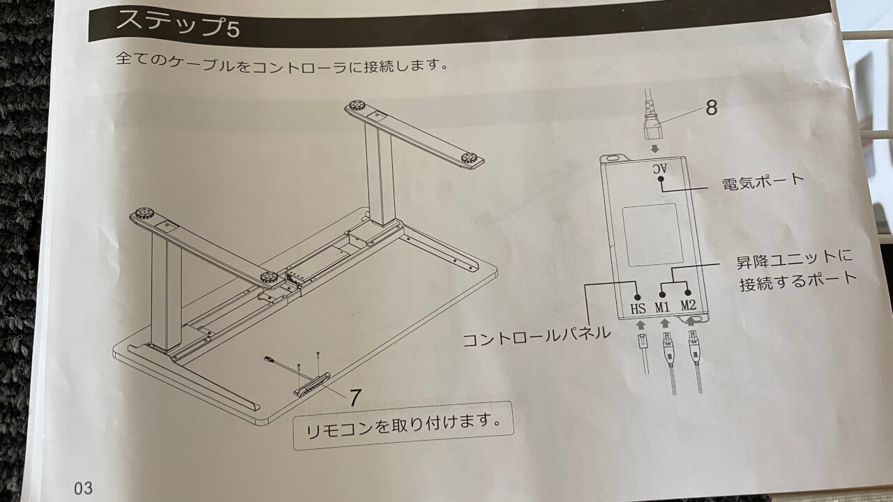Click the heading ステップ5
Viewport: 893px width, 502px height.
coord(178,24)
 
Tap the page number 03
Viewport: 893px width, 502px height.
coord(83,487)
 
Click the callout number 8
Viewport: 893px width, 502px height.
coord(711,107)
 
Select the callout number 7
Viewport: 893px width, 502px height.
coord(355,397)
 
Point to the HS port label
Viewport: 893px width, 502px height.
coord(638,308)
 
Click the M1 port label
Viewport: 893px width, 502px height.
coord(662,307)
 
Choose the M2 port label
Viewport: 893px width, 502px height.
coord(688,305)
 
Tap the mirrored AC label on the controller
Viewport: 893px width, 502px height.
coord(660,169)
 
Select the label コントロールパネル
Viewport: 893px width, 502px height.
coord(536,337)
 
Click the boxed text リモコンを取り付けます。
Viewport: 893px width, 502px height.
coord(403,426)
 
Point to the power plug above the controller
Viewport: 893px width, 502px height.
coord(652,119)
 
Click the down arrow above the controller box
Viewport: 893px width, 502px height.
coord(654,149)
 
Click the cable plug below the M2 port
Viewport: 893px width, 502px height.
coord(694,347)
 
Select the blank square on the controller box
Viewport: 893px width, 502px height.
coord(652,235)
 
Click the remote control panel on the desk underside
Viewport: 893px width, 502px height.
coord(312,384)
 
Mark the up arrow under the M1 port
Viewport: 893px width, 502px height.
coord(664,323)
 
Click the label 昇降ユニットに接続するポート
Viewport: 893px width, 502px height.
coord(796,270)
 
